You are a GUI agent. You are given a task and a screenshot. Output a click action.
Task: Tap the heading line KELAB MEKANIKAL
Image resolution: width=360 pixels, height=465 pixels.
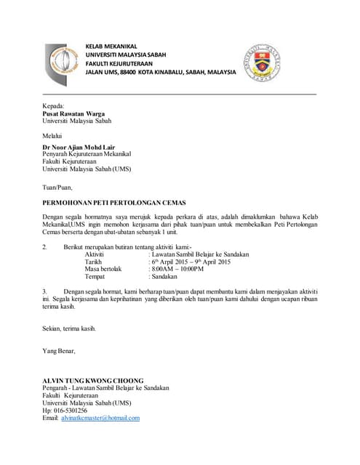(x=111, y=46)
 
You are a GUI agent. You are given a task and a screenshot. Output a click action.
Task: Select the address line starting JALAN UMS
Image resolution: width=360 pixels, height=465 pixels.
(x=161, y=73)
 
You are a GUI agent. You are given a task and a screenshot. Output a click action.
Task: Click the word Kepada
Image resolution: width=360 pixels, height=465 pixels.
(x=54, y=106)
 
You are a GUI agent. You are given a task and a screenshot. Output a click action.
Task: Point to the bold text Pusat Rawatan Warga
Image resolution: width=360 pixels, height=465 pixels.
(x=74, y=114)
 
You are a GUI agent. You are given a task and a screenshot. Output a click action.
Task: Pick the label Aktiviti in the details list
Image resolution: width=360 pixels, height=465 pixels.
(x=95, y=254)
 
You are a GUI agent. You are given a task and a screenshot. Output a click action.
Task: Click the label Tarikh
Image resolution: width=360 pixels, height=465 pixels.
(x=93, y=262)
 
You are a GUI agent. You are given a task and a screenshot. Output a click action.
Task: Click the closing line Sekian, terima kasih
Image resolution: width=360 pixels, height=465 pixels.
(x=69, y=328)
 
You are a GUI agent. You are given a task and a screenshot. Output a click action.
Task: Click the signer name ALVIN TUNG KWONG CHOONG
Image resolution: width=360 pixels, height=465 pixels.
(x=93, y=381)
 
